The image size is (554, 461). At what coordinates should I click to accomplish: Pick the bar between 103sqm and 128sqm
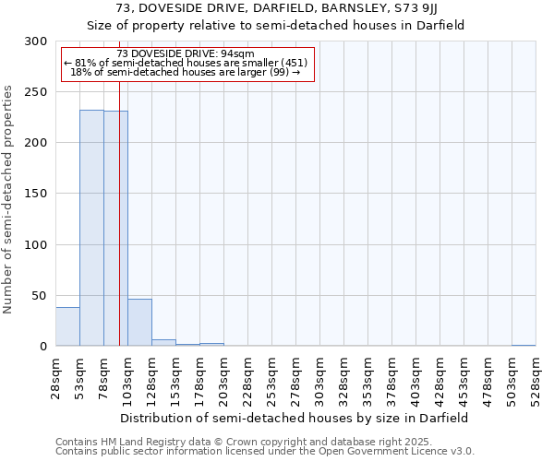(139, 323)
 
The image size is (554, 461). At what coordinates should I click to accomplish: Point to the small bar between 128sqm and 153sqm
(163, 342)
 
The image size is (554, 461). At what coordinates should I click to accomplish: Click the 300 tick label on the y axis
(35, 41)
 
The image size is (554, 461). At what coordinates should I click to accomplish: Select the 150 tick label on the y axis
(35, 194)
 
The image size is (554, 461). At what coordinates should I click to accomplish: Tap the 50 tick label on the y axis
(39, 296)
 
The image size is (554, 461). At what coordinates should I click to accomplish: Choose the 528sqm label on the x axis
(536, 376)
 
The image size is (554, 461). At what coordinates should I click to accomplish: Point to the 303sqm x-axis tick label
(319, 376)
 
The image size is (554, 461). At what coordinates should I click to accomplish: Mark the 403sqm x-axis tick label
(415, 376)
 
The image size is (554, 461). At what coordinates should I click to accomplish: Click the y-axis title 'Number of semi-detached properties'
(8, 199)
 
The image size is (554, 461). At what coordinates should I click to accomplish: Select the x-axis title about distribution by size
(295, 418)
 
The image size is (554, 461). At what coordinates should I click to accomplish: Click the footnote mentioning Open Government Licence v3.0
(265, 452)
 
